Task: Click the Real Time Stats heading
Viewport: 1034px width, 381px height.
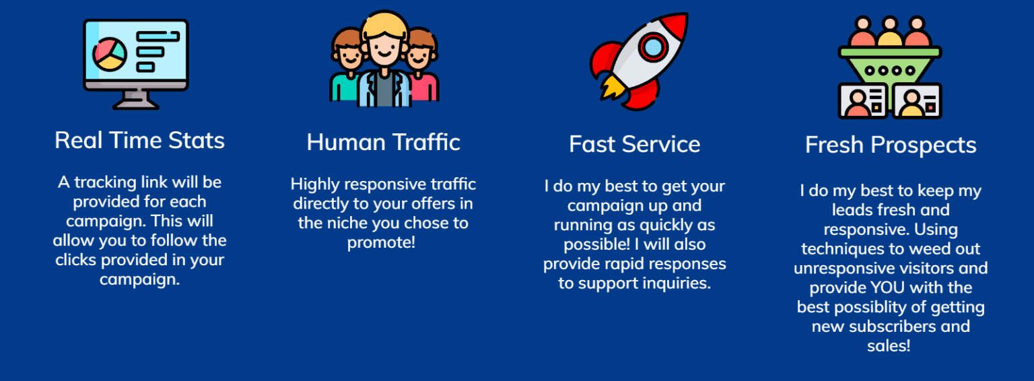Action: pos(139,141)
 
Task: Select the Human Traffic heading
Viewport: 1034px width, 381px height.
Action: pos(384,142)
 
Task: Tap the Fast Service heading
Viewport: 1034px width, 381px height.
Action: pos(635,144)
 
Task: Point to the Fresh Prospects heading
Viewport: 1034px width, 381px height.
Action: pos(891,145)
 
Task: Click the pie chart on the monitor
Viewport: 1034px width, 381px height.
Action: pos(110,55)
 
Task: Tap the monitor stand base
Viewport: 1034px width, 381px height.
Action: pos(136,104)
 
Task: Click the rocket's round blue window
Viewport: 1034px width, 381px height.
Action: pos(653,47)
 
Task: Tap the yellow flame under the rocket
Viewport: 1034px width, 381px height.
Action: pos(612,88)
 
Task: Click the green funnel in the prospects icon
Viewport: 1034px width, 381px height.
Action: pos(890,66)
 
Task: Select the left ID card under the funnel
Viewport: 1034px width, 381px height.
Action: pos(862,101)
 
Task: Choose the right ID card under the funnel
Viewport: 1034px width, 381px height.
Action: pos(917,101)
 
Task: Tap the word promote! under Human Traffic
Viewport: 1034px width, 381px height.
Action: pos(381,242)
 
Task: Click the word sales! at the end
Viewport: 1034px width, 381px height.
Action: pos(889,346)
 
